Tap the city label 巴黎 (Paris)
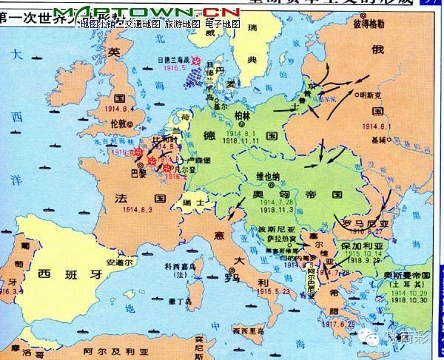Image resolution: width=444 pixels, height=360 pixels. [x=137, y=172]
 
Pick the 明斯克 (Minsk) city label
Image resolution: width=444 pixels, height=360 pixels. [x=376, y=95]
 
